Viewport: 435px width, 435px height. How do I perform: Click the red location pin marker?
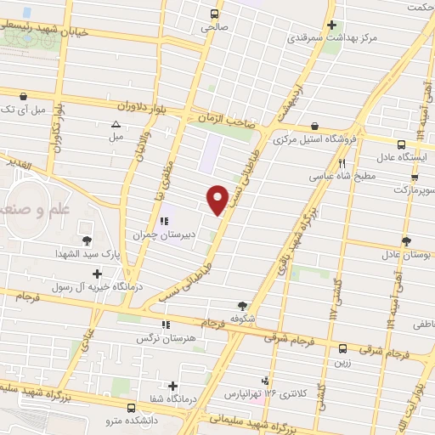[218, 198]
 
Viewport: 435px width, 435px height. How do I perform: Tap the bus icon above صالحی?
[214, 14]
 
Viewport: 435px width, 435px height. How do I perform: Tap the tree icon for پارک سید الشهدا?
[87, 239]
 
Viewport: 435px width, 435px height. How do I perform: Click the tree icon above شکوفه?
[243, 306]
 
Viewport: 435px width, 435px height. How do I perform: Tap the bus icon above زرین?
[342, 348]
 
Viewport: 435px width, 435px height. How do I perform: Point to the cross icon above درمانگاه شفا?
[172, 386]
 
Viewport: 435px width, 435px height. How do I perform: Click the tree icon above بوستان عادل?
[406, 242]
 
